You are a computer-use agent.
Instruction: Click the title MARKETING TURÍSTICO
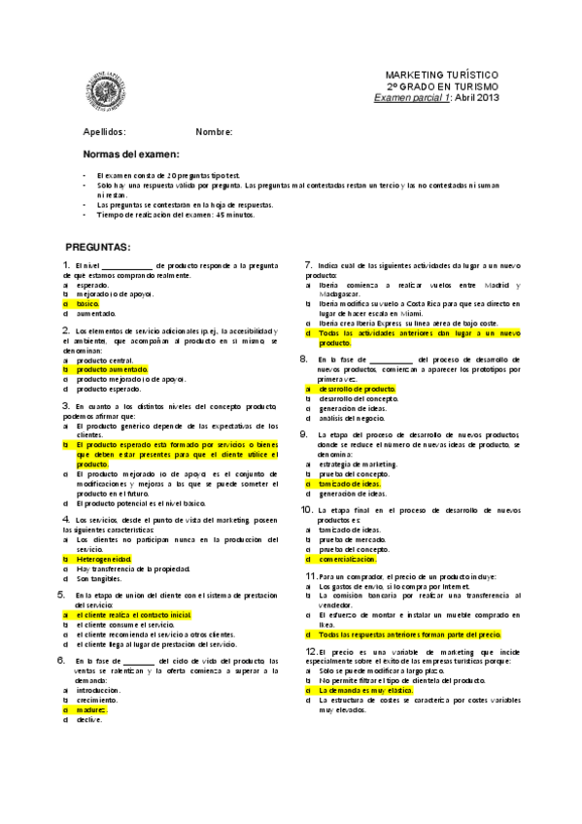click(442, 75)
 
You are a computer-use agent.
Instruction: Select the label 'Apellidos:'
click(104, 131)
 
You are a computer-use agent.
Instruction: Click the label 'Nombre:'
click(214, 131)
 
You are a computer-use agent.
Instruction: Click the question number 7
click(308, 265)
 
